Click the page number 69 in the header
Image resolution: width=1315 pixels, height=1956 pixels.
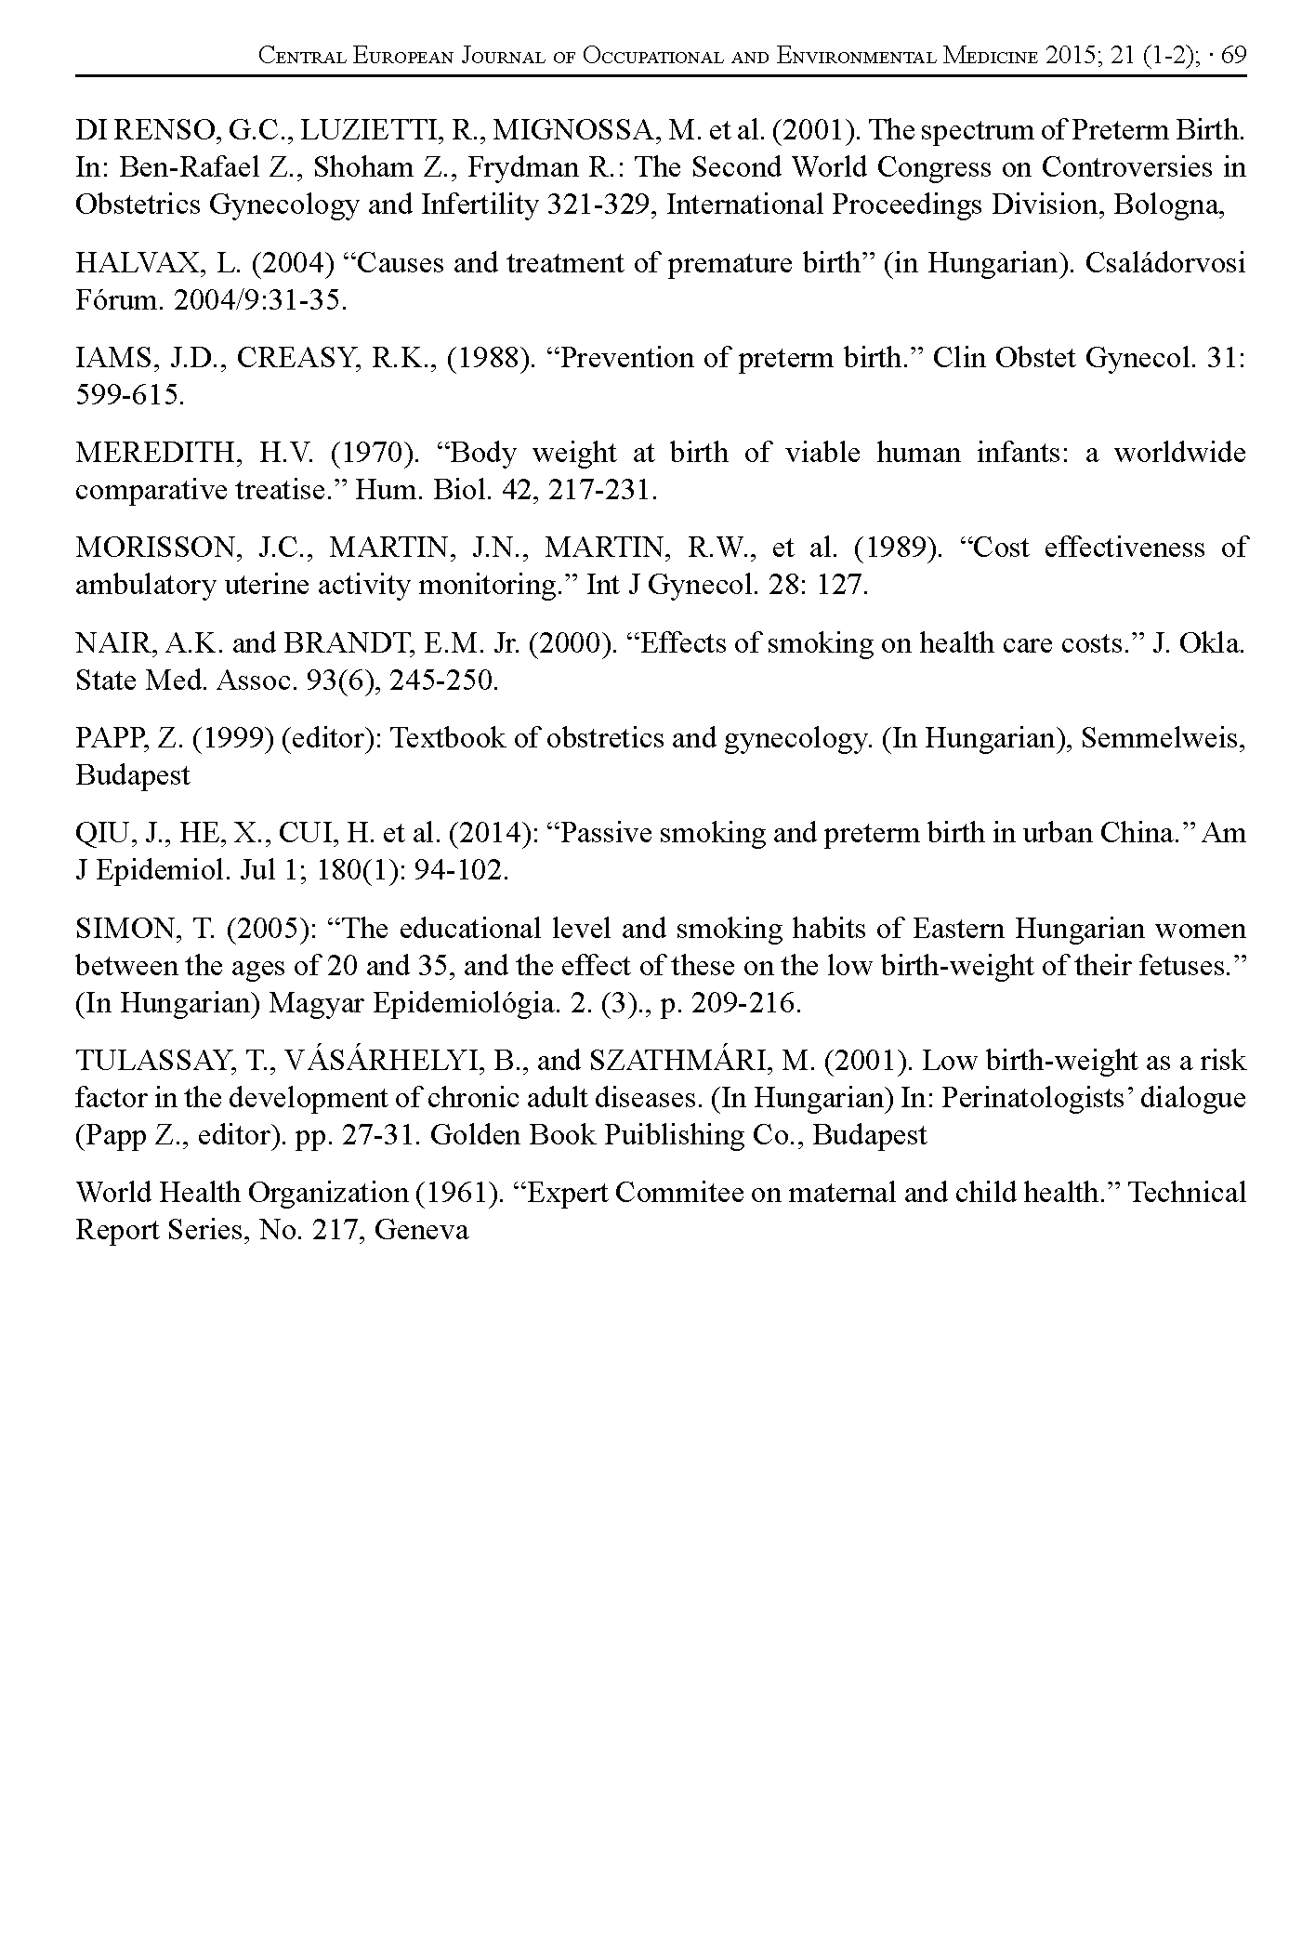tap(1232, 56)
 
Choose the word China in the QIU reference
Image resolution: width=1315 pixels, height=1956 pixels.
tap(1139, 833)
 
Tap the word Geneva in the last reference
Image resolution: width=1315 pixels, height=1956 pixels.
tap(422, 1231)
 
